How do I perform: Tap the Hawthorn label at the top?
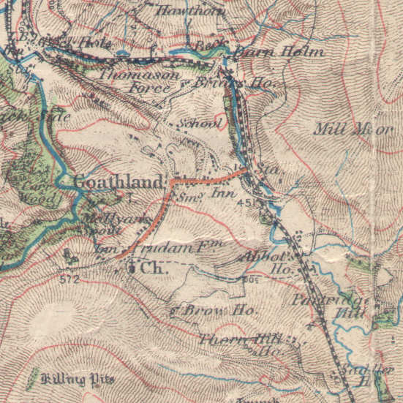pyautogui.click(x=182, y=11)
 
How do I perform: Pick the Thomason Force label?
pyautogui.click(x=135, y=80)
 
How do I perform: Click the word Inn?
pyautogui.click(x=222, y=194)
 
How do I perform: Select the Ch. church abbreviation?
pyautogui.click(x=153, y=268)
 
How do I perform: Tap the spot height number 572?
pyautogui.click(x=69, y=279)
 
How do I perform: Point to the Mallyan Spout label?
pyautogui.click(x=114, y=222)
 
